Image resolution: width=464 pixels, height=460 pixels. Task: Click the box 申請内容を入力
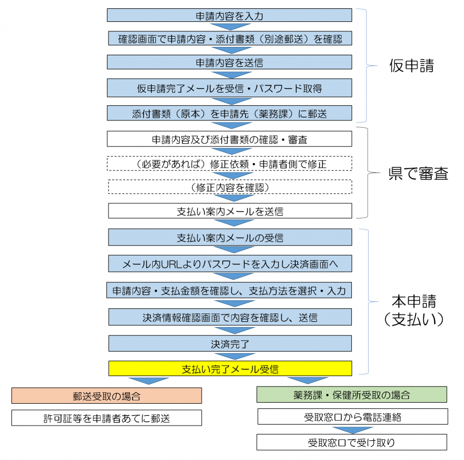point(229,16)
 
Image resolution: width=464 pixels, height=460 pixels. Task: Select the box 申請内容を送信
point(229,63)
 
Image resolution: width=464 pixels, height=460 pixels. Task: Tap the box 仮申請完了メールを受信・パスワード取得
point(229,88)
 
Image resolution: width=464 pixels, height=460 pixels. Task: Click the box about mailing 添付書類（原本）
point(229,113)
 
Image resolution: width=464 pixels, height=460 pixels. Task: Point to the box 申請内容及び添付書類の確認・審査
point(229,139)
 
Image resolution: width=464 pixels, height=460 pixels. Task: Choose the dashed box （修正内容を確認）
point(229,186)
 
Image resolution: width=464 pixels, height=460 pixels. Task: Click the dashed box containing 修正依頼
point(229,163)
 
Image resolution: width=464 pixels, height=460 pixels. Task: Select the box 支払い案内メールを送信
point(229,211)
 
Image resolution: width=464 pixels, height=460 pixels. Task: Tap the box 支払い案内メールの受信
point(229,238)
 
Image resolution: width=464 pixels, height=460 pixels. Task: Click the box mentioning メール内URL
point(229,264)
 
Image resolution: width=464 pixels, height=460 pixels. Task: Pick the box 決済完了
point(229,343)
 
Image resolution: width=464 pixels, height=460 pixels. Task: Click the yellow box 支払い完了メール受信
point(229,368)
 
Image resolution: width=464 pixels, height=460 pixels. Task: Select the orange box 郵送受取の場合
point(106,395)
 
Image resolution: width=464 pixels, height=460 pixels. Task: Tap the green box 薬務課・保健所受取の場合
point(352,394)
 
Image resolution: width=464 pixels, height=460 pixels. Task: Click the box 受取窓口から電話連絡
point(352,417)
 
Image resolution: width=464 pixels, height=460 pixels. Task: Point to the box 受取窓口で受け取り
point(352,442)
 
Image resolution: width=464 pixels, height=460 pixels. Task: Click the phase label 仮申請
point(411,66)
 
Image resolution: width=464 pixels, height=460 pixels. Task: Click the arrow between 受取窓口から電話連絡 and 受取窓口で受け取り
point(352,430)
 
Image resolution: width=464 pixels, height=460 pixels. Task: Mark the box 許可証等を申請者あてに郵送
point(106,418)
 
